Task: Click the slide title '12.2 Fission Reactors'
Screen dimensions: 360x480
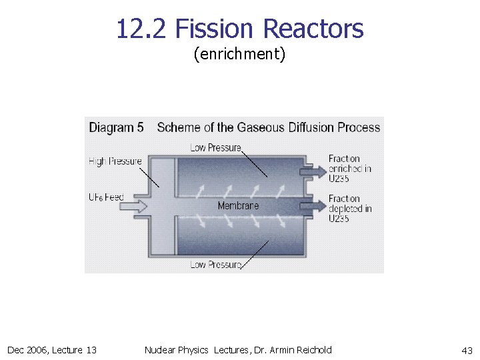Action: coord(239,29)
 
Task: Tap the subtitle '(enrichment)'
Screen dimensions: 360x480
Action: coord(239,54)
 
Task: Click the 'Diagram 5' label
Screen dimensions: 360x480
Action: coord(116,127)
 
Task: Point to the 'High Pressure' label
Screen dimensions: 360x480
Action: coord(115,161)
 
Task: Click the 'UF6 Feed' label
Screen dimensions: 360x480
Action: coord(106,197)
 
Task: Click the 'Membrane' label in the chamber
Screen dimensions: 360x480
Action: coord(238,205)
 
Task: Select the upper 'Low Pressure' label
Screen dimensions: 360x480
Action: coord(215,147)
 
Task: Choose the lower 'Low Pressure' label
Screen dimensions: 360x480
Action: coord(215,264)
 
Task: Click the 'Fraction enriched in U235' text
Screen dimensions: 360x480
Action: coord(349,168)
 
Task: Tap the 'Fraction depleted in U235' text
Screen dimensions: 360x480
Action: coord(349,208)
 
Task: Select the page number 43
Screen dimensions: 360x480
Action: coord(467,350)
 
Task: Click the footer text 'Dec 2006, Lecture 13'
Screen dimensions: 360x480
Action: coord(52,350)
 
